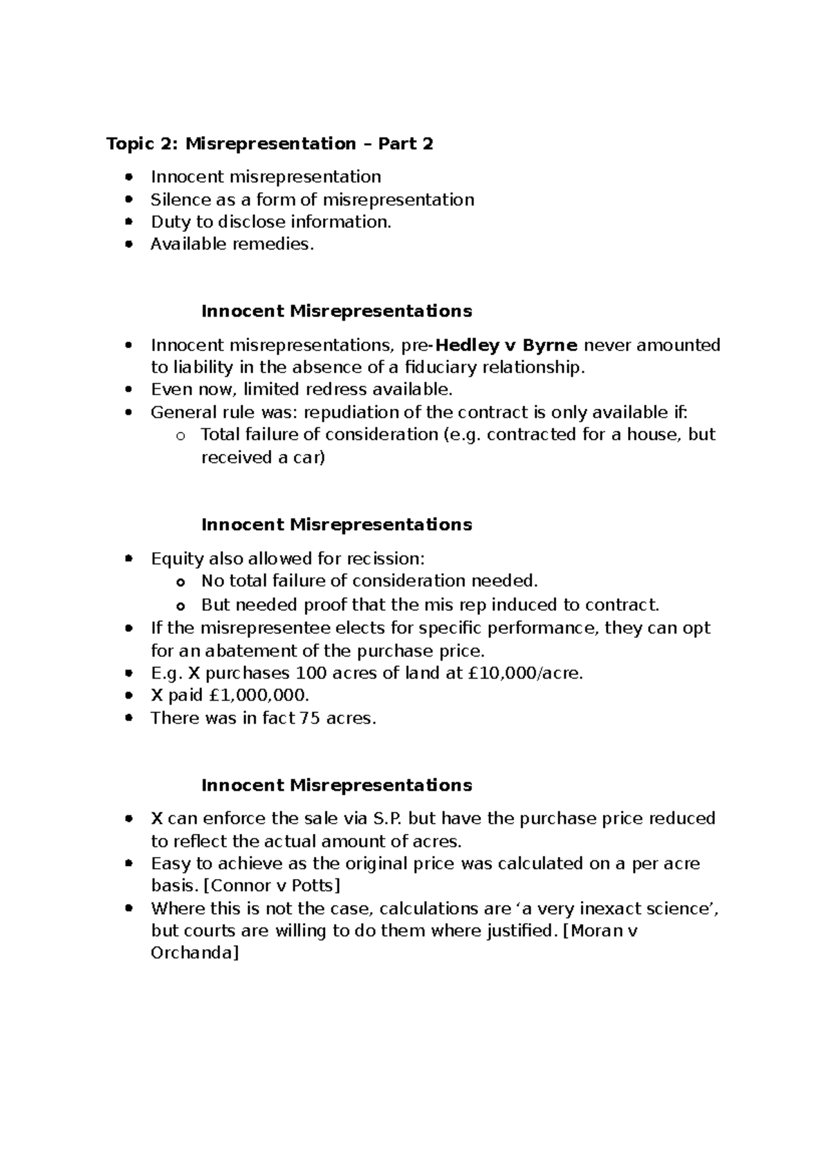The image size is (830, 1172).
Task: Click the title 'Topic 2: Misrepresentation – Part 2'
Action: (270, 144)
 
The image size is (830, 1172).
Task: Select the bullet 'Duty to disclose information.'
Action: (271, 222)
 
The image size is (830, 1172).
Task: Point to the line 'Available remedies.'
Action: (232, 244)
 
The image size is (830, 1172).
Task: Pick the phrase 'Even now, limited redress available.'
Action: (302, 389)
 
